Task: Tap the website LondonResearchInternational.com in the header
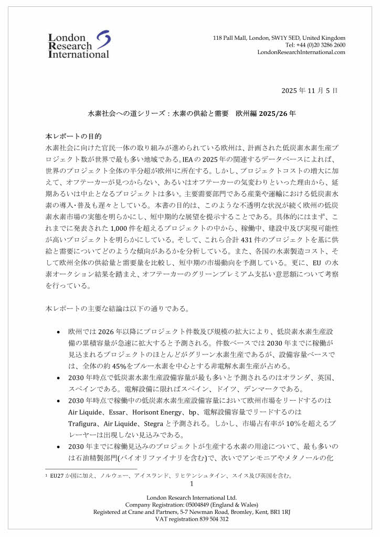(x=301, y=52)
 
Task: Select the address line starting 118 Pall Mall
(x=279, y=38)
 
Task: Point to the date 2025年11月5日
(x=309, y=90)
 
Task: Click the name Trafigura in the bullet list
(x=84, y=423)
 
